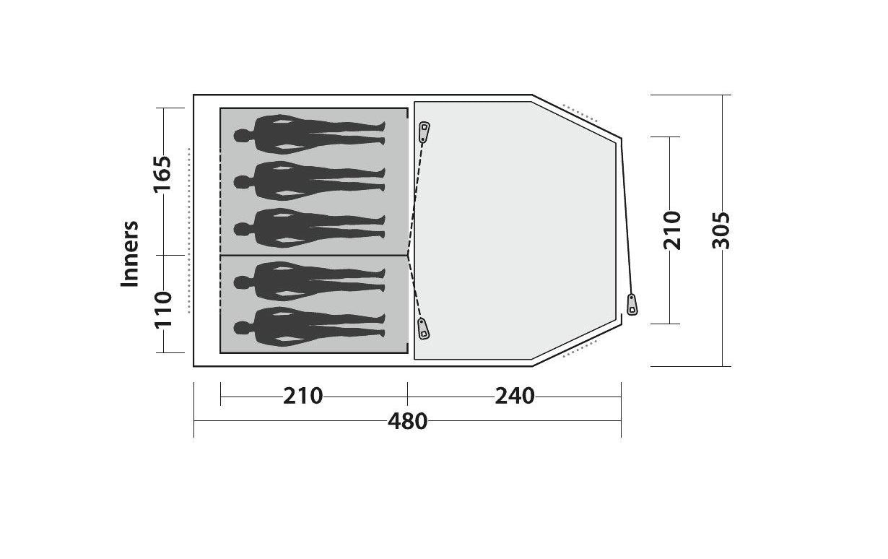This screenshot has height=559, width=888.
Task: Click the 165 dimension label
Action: (162, 173)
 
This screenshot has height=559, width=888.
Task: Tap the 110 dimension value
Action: (163, 310)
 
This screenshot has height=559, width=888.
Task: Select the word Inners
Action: (129, 253)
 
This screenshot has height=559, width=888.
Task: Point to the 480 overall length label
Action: (407, 422)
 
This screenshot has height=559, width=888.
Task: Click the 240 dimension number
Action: (515, 396)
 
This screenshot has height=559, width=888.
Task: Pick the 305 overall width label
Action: (721, 230)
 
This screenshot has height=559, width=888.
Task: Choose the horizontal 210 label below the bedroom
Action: (303, 396)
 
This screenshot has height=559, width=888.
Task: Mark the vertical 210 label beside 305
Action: (672, 230)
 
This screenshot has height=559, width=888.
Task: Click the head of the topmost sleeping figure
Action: (241, 136)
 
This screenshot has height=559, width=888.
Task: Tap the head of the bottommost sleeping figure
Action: (241, 328)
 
